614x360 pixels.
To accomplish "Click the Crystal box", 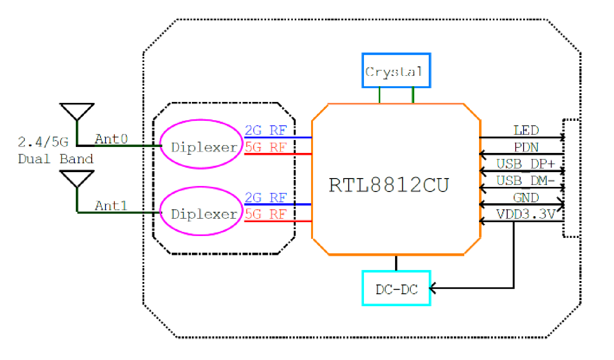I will pos(396,70).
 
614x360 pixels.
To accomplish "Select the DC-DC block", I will pos(396,288).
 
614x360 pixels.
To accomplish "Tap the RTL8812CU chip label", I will pos(389,185).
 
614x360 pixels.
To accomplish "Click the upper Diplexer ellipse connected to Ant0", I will pos(201,144).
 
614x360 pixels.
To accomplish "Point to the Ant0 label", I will pos(111,139).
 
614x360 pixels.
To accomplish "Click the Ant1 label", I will pos(111,206).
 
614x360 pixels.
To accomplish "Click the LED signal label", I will pos(526,130).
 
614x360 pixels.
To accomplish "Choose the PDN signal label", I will pos(526,147).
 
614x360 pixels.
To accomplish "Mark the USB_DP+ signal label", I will pos(525,164).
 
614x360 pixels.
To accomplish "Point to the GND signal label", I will pos(526,198).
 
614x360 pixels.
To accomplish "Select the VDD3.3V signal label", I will pos(525,214).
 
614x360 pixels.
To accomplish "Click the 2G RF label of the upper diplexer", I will pos(266,130).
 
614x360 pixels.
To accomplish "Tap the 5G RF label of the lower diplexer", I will pos(266,214).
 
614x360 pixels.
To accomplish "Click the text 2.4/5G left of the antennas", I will pos(43,142).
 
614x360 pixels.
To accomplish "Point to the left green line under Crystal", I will pos(380,95).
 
